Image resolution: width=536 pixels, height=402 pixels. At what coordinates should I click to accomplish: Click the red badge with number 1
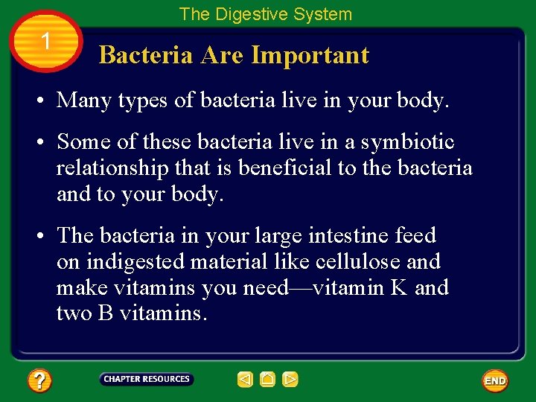(x=45, y=42)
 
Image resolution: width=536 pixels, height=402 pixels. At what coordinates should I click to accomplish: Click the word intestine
(x=349, y=235)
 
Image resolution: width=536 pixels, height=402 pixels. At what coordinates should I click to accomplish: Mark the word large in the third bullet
(x=278, y=237)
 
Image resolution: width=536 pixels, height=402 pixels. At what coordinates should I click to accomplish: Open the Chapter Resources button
(x=147, y=379)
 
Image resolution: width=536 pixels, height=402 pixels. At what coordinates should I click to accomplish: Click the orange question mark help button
(x=39, y=381)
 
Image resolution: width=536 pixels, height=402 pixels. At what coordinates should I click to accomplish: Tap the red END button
(x=495, y=380)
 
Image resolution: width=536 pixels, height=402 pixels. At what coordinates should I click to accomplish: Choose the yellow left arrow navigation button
(x=245, y=380)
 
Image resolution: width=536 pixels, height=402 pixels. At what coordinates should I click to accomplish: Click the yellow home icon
(x=268, y=380)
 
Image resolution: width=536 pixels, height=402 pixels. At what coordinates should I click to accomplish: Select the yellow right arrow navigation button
(x=290, y=380)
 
